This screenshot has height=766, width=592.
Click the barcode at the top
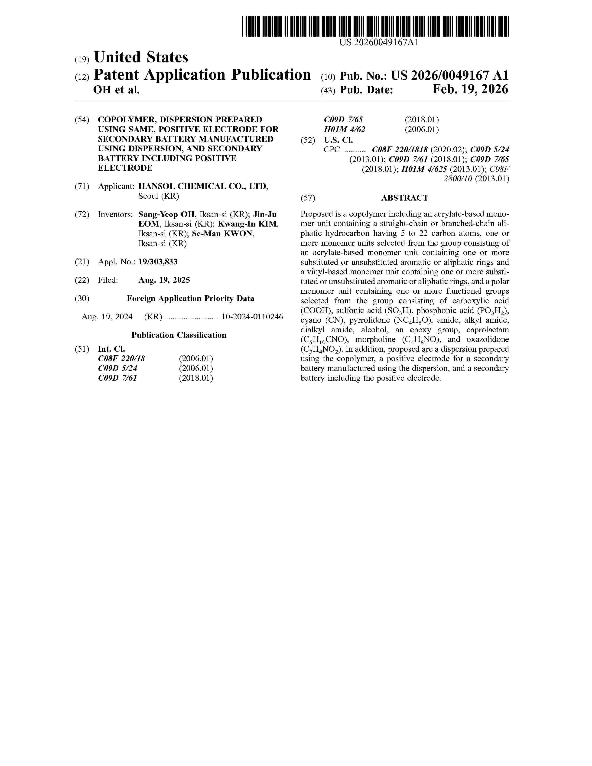coord(375,26)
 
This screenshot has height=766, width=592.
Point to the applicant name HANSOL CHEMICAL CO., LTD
coord(203,186)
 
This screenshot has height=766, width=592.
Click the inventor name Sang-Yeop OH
coord(166,214)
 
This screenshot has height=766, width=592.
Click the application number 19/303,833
coord(158,262)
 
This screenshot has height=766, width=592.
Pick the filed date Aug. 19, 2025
coord(164,280)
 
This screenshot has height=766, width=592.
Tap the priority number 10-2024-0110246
coord(252,317)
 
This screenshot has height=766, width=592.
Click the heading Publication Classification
coord(179,335)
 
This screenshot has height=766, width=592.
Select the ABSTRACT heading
coord(404,198)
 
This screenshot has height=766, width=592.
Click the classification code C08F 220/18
coord(121,358)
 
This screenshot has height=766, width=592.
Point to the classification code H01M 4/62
coord(344,130)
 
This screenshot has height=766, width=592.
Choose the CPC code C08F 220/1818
coord(400,150)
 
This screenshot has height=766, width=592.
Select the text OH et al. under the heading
coord(117,90)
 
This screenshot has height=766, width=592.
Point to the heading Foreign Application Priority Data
coord(190,299)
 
